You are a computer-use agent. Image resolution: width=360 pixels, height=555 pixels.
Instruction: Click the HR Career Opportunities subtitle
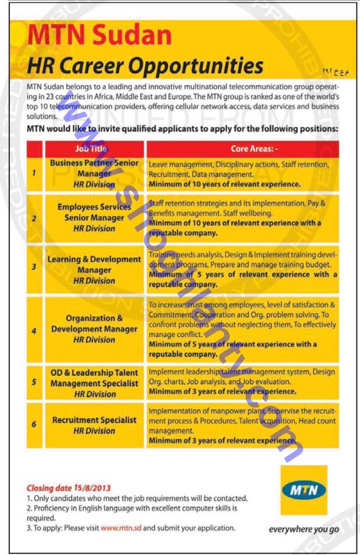[145, 66]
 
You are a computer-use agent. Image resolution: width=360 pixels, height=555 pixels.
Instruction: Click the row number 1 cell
[34, 173]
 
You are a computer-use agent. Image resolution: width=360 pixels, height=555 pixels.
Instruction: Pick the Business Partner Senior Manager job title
[94, 173]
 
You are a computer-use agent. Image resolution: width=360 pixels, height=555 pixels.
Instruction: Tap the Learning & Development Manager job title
[94, 270]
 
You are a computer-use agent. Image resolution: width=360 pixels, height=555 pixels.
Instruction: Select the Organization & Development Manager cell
[94, 329]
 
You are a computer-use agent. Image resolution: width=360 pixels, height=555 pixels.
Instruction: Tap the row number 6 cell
[34, 424]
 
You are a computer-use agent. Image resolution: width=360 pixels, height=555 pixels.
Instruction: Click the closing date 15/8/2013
[92, 488]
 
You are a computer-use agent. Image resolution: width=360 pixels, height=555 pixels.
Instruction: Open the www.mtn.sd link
[121, 528]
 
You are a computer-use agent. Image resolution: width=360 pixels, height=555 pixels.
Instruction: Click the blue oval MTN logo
[304, 490]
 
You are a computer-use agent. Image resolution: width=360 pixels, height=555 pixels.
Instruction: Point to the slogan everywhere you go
[304, 529]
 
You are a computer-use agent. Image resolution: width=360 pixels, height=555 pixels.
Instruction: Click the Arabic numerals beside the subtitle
[335, 72]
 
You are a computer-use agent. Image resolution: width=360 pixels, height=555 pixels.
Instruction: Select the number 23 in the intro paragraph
[50, 97]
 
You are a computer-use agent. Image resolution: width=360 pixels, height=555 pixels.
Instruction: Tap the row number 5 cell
[34, 382]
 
